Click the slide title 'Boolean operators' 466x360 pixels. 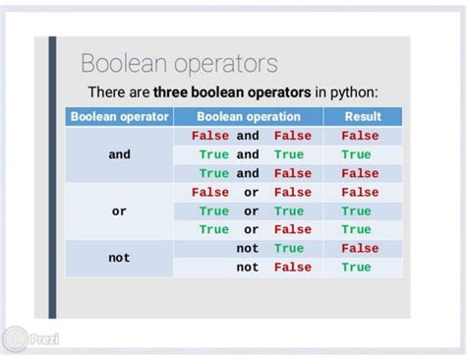tap(179, 65)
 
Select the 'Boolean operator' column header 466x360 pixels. tap(119, 117)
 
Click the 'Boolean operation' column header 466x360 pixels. tap(251, 117)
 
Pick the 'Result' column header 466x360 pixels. tap(362, 117)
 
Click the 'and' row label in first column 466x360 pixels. tap(119, 154)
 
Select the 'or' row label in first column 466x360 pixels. tap(119, 211)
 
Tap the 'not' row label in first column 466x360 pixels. tap(119, 258)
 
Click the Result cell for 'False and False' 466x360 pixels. tap(360, 136)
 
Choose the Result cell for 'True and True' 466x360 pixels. tap(356, 154)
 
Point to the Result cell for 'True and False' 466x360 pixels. tap(360, 173)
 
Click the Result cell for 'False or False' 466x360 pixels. tap(360, 193)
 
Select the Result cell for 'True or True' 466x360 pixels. tap(356, 211)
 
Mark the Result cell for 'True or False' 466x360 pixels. tap(356, 229)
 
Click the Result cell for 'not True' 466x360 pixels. tap(360, 249)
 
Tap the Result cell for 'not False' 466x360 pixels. tap(356, 268)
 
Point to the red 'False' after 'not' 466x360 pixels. tap(292, 268)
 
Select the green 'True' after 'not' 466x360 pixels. tap(289, 249)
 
